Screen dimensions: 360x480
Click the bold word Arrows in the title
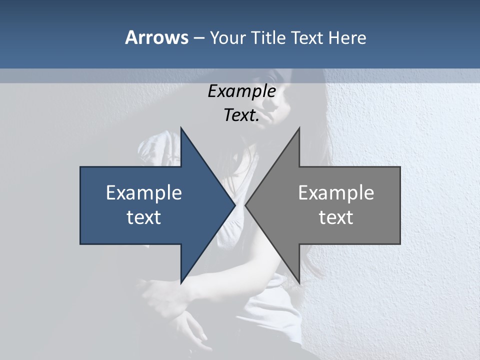point(156,37)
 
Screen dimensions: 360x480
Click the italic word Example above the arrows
point(242,91)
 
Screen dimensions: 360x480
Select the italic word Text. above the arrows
point(242,115)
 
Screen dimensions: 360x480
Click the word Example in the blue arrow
point(144,192)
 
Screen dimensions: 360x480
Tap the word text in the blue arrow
point(144,217)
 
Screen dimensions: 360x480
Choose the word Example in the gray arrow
point(336,192)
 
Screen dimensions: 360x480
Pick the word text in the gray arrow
point(336,217)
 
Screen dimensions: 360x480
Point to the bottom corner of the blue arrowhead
point(181,282)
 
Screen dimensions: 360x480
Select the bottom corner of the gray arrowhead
point(299,282)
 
